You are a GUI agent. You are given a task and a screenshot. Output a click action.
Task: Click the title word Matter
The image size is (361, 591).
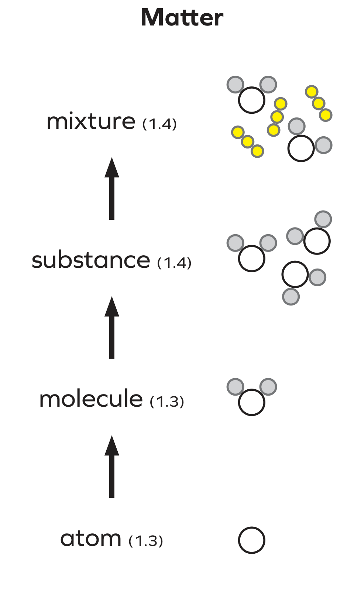click(182, 18)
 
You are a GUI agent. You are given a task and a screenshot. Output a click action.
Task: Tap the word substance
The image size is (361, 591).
click(91, 260)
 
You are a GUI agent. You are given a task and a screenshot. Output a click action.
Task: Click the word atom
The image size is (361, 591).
click(91, 539)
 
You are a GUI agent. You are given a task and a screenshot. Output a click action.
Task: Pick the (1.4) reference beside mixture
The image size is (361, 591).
click(159, 124)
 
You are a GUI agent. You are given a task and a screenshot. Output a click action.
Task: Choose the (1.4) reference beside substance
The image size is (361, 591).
click(174, 263)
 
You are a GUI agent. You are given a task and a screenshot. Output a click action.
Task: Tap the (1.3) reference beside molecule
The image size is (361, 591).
click(167, 402)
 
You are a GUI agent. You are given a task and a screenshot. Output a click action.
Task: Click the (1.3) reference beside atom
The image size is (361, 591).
click(146, 541)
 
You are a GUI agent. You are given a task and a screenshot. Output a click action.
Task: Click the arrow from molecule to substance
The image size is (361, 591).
click(112, 328)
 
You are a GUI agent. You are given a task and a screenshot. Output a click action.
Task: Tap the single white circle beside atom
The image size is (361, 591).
click(252, 540)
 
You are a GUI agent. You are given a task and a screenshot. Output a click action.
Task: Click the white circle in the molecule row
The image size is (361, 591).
click(252, 402)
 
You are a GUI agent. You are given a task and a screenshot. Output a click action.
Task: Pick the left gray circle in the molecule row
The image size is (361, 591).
click(235, 387)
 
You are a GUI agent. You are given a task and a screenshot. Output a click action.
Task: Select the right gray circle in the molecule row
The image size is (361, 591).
click(268, 387)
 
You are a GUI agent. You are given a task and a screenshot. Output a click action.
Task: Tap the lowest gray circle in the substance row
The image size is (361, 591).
click(291, 297)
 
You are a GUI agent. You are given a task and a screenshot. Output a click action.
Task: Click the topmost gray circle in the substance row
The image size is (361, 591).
click(323, 219)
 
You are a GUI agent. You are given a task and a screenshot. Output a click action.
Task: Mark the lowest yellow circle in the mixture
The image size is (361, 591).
click(257, 151)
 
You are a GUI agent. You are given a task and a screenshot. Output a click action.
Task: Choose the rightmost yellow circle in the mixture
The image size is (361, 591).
click(326, 115)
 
